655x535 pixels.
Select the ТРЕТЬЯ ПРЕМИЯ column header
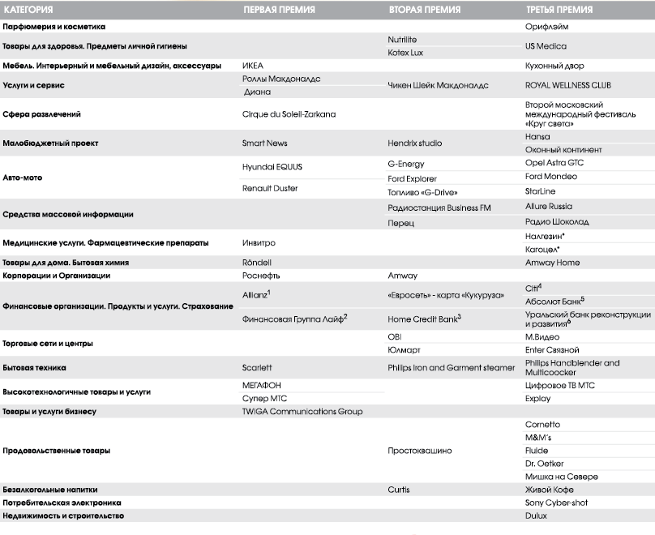(559, 10)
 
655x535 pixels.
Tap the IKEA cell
(253, 66)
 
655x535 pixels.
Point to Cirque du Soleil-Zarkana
(289, 114)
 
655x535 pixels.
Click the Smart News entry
(264, 143)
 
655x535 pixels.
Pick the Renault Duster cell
(270, 188)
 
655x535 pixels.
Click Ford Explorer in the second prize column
(412, 178)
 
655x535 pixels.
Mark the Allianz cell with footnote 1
(256, 293)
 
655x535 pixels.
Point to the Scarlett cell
(257, 367)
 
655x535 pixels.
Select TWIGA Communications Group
(302, 411)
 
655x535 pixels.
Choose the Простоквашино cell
(420, 450)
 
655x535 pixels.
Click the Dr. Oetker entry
(544, 464)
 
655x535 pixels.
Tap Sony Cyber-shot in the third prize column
(557, 503)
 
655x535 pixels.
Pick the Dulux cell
(536, 515)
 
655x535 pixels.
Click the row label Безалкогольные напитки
(49, 490)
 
